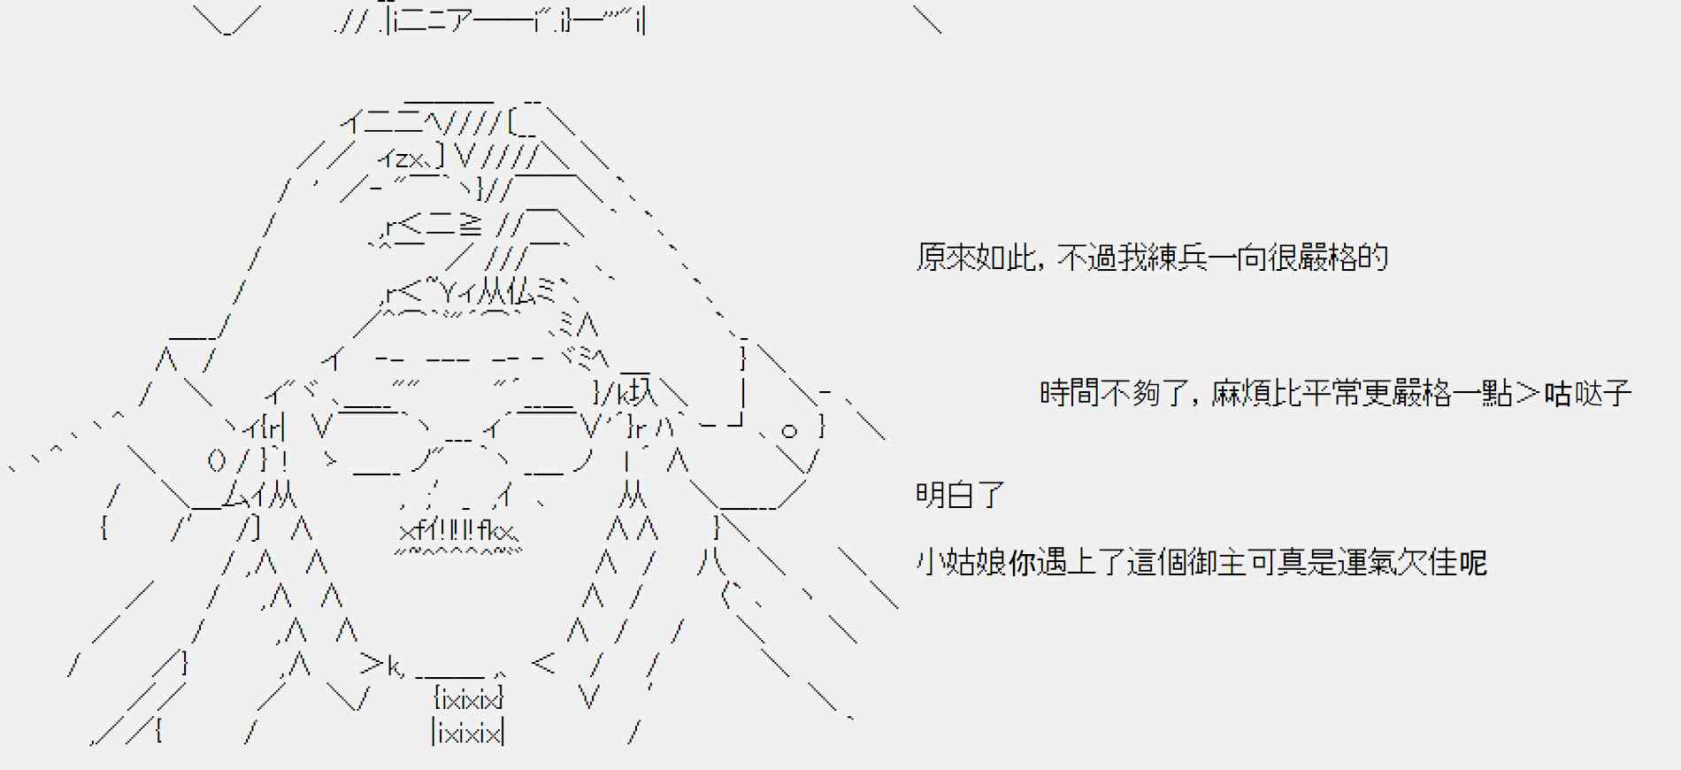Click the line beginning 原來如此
pos(1152,258)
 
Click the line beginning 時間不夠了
pos(1335,393)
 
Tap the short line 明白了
pos(960,495)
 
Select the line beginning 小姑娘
pos(1201,562)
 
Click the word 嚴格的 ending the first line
pos(1344,258)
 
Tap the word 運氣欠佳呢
pos(1413,562)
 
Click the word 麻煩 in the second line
pos(1241,393)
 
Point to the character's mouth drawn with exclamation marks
pos(457,531)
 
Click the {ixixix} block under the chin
pos(468,699)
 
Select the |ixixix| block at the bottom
pos(468,733)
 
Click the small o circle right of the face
pos(788,431)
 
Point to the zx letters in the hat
pos(408,159)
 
